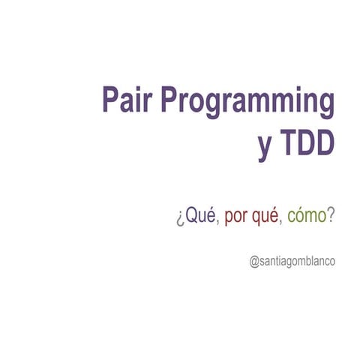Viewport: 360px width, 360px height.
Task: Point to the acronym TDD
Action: [306, 145]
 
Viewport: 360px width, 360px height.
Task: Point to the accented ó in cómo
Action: [298, 217]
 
